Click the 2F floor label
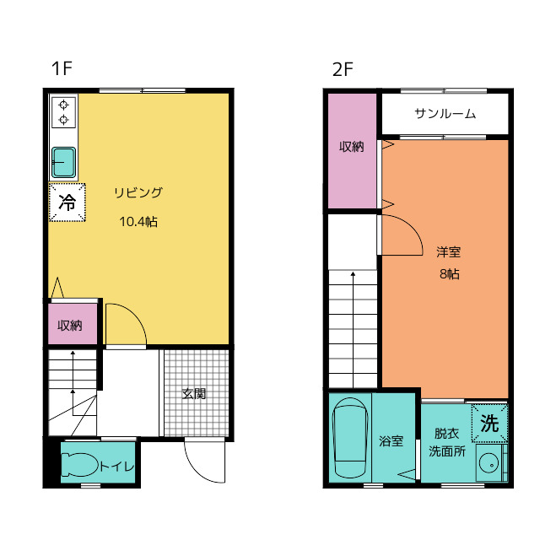pos(343,69)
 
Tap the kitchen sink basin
pos(64,162)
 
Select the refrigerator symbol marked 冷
pos(67,202)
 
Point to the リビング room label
pos(138,192)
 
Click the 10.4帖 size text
pos(138,221)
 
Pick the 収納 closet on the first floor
pos(73,324)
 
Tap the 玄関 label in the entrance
pos(194,394)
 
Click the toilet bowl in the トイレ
pos(80,465)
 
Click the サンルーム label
pos(445,113)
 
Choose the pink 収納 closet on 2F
pos(352,151)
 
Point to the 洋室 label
pos(448,252)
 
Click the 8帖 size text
pos(450,273)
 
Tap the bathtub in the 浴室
pos(349,438)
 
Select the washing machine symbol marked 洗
pos(489,424)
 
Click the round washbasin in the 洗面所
pos(489,463)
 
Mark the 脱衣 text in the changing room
pos(446,434)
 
